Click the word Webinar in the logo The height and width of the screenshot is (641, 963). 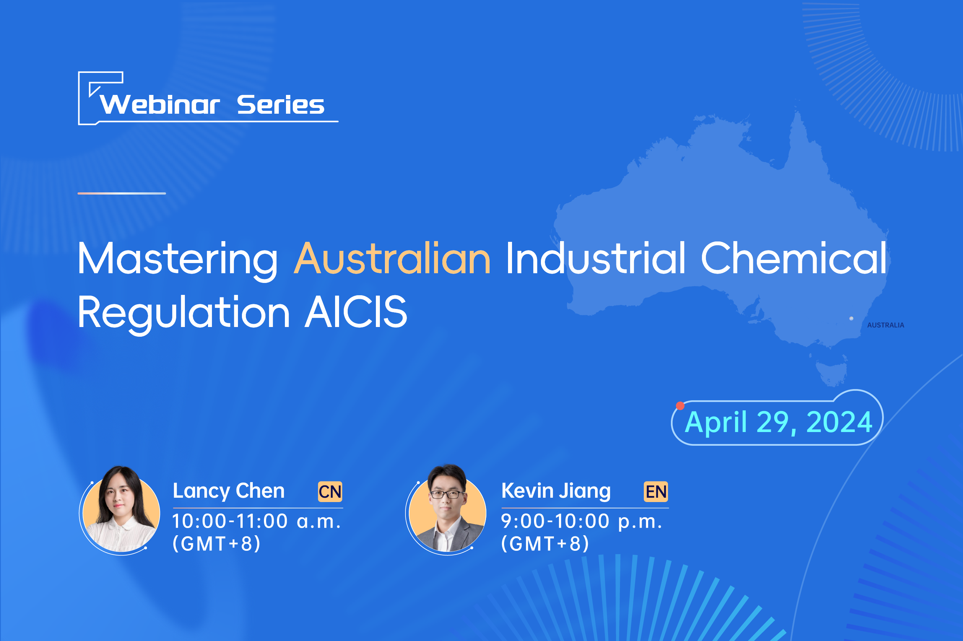point(160,105)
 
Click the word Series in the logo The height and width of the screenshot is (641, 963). point(281,105)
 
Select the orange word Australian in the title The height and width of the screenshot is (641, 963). point(392,259)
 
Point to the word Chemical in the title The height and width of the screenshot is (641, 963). point(793,259)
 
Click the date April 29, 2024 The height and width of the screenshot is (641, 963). point(778,422)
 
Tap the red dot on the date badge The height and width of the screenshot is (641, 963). point(680,406)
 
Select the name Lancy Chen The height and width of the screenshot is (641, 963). point(229,491)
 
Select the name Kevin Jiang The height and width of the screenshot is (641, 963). point(556,491)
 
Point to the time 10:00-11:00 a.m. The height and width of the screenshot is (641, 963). point(256,522)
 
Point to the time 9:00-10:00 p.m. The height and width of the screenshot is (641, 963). point(581,522)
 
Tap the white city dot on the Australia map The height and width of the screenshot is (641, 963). point(851,318)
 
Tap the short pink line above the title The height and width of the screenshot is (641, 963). point(121,193)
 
